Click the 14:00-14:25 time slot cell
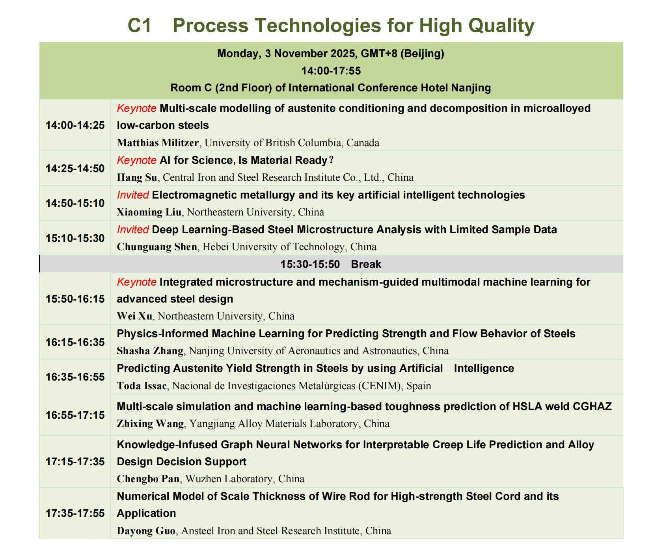(x=75, y=125)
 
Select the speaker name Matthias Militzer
(x=158, y=143)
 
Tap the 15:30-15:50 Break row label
(x=331, y=264)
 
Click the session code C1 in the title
(x=140, y=26)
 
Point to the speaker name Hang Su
(x=137, y=177)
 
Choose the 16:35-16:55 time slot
(x=75, y=377)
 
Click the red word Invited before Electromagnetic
(x=133, y=195)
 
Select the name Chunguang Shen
(x=157, y=247)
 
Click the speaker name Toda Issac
(x=142, y=385)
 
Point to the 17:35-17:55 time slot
(x=75, y=513)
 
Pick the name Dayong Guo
(x=146, y=531)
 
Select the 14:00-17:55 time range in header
(x=331, y=71)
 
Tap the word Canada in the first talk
(x=363, y=143)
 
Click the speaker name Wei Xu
(x=134, y=316)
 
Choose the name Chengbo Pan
(x=148, y=479)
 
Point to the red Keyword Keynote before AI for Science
(x=137, y=160)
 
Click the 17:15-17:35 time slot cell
(x=75, y=462)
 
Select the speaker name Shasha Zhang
(x=150, y=351)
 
